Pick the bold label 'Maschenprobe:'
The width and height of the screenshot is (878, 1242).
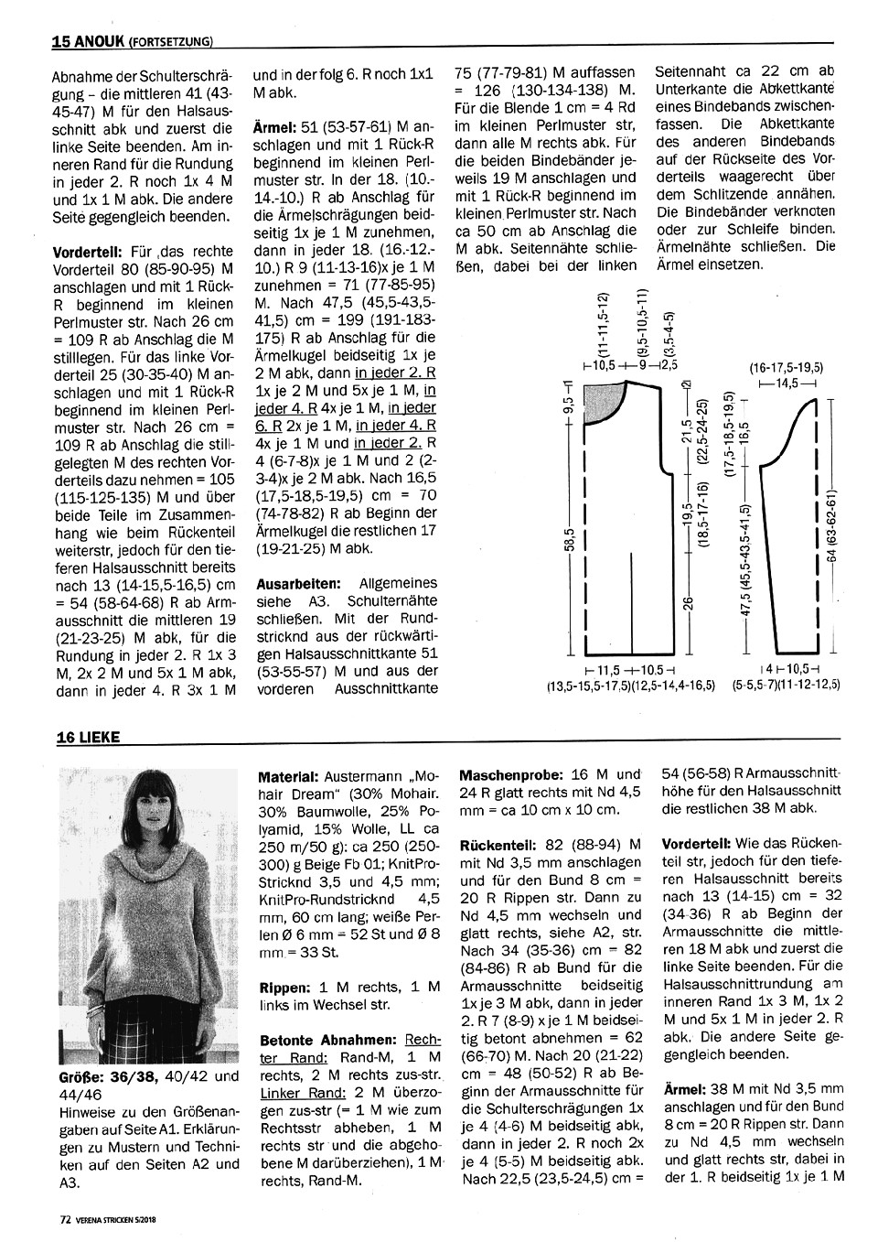[x=506, y=773]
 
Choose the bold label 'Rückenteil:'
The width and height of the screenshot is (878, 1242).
[x=494, y=843]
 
